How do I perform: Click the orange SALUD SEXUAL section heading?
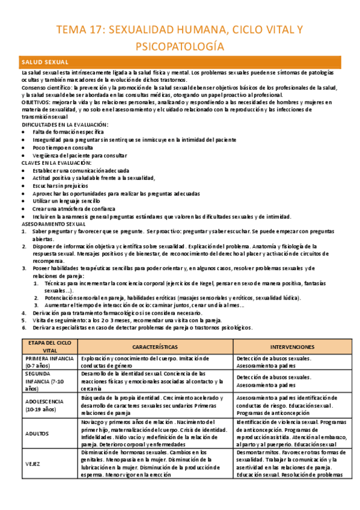[x=45, y=63]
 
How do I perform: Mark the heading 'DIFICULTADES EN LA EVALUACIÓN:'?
[x=64, y=124]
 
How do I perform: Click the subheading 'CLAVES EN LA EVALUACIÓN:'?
[x=56, y=162]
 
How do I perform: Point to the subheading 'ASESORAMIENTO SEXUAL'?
[x=53, y=224]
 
